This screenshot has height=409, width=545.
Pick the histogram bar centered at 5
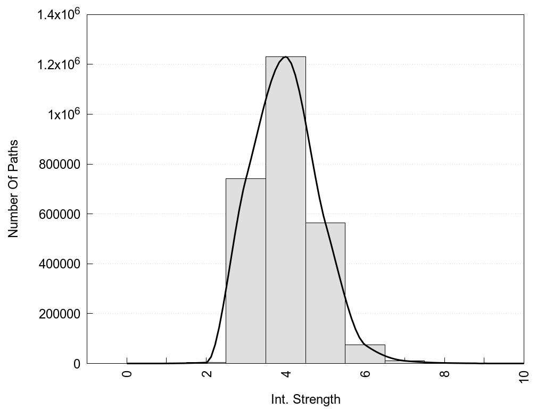point(325,293)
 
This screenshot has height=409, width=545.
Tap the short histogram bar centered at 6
point(365,354)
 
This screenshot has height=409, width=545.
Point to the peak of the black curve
point(286,57)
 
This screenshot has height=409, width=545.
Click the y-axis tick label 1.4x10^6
point(58,14)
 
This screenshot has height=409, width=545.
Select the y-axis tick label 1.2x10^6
point(58,64)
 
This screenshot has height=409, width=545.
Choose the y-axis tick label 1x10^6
point(62,114)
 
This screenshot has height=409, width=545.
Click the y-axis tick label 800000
point(60,165)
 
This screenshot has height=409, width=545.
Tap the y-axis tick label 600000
point(60,214)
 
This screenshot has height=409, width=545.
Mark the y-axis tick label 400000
point(60,264)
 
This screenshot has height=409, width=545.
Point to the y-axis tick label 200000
point(60,314)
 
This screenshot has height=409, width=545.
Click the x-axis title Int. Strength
point(305,399)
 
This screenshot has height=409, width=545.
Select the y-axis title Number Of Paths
point(13,189)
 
